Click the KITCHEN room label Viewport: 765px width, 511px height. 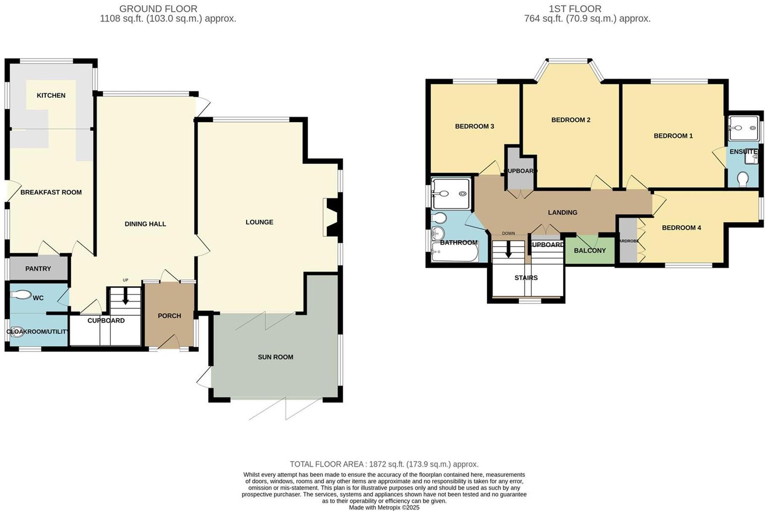click(51, 96)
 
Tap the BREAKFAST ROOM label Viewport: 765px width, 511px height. click(51, 192)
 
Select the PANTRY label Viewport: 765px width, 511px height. click(38, 269)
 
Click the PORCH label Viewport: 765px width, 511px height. click(169, 316)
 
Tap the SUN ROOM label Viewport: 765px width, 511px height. click(275, 357)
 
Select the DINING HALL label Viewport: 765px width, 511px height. click(145, 224)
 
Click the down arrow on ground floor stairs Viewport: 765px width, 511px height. click(125, 298)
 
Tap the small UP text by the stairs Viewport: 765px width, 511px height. click(125, 280)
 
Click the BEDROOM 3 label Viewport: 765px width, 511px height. click(474, 126)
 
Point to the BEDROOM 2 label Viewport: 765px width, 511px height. click(570, 120)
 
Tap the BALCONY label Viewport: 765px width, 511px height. click(590, 250)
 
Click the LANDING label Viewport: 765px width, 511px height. click(562, 213)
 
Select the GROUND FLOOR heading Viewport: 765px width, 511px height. click(158, 8)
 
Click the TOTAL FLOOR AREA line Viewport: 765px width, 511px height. click(384, 464)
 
